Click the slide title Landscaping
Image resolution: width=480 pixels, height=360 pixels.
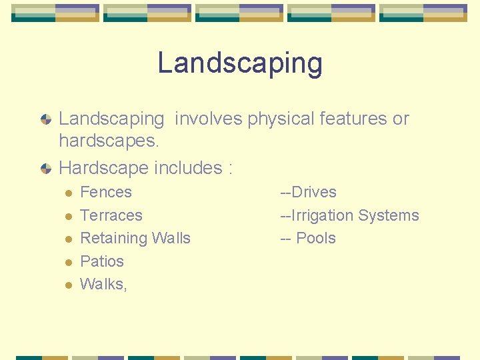click(240, 64)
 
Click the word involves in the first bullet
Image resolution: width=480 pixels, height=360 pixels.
click(209, 119)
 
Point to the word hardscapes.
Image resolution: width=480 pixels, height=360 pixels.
click(108, 141)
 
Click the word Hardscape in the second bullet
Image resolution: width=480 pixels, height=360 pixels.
click(104, 168)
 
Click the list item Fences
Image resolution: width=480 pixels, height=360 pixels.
click(106, 193)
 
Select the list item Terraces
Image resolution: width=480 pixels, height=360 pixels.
click(111, 215)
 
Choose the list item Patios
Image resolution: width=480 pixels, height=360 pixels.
click(102, 261)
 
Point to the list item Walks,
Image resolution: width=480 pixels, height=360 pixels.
click(103, 284)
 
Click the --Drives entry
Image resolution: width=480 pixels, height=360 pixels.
click(308, 193)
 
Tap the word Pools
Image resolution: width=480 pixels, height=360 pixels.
click(316, 239)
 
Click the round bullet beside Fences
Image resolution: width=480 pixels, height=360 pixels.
click(67, 193)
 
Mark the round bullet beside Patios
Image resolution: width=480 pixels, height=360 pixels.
click(67, 262)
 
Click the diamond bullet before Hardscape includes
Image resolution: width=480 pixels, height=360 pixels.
click(45, 169)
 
